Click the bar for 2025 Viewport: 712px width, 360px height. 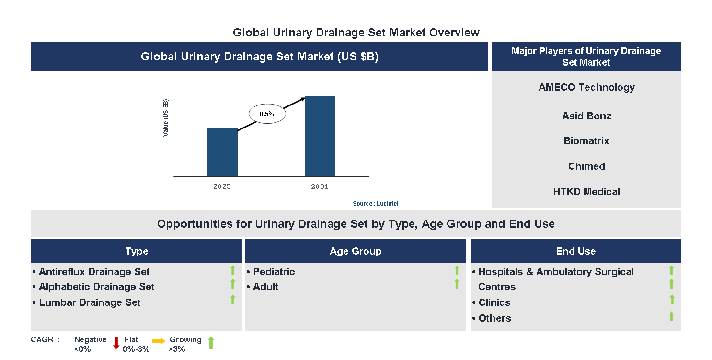pyautogui.click(x=222, y=152)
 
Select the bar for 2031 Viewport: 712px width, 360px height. pyautogui.click(x=320, y=137)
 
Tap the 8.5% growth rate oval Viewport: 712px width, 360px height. pyautogui.click(x=267, y=114)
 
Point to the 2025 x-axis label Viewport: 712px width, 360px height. pyautogui.click(x=222, y=186)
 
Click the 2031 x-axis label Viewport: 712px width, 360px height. pyautogui.click(x=320, y=186)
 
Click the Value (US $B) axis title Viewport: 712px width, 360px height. pyautogui.click(x=166, y=117)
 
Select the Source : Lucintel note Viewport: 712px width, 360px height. pyautogui.click(x=375, y=204)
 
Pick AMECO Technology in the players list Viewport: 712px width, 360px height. pyautogui.click(x=586, y=87)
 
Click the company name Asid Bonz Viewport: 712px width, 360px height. pyautogui.click(x=586, y=116)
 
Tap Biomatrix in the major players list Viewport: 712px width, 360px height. pyautogui.click(x=586, y=141)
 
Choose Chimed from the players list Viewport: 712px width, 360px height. pyautogui.click(x=586, y=166)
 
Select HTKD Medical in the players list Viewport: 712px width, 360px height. pyautogui.click(x=586, y=192)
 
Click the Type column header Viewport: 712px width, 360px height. pyautogui.click(x=137, y=251)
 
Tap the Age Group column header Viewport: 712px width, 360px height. pyautogui.click(x=355, y=251)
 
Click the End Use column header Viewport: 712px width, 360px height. pyautogui.click(x=575, y=251)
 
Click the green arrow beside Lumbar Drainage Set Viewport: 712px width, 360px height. pyautogui.click(x=233, y=300)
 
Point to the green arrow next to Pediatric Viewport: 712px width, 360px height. pyautogui.click(x=457, y=271)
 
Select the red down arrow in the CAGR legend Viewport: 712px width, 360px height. pyautogui.click(x=116, y=343)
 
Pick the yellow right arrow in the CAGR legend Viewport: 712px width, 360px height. pyautogui.click(x=159, y=341)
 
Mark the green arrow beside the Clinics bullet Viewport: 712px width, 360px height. pyautogui.click(x=672, y=300)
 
